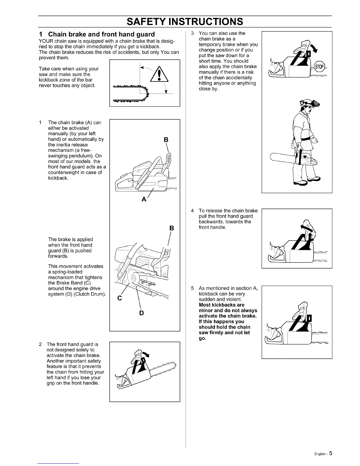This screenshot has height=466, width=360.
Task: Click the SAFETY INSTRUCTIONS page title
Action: [x=185, y=21]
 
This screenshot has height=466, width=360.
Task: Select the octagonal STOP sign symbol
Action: [x=319, y=67]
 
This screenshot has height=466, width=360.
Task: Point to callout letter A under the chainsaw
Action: [x=144, y=199]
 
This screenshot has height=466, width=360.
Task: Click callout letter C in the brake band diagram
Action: [x=119, y=298]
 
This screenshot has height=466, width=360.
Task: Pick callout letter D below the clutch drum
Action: [x=141, y=313]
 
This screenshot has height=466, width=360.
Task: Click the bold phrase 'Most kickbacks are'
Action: [x=221, y=305]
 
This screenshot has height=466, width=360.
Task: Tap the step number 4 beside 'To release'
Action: [x=192, y=211]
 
